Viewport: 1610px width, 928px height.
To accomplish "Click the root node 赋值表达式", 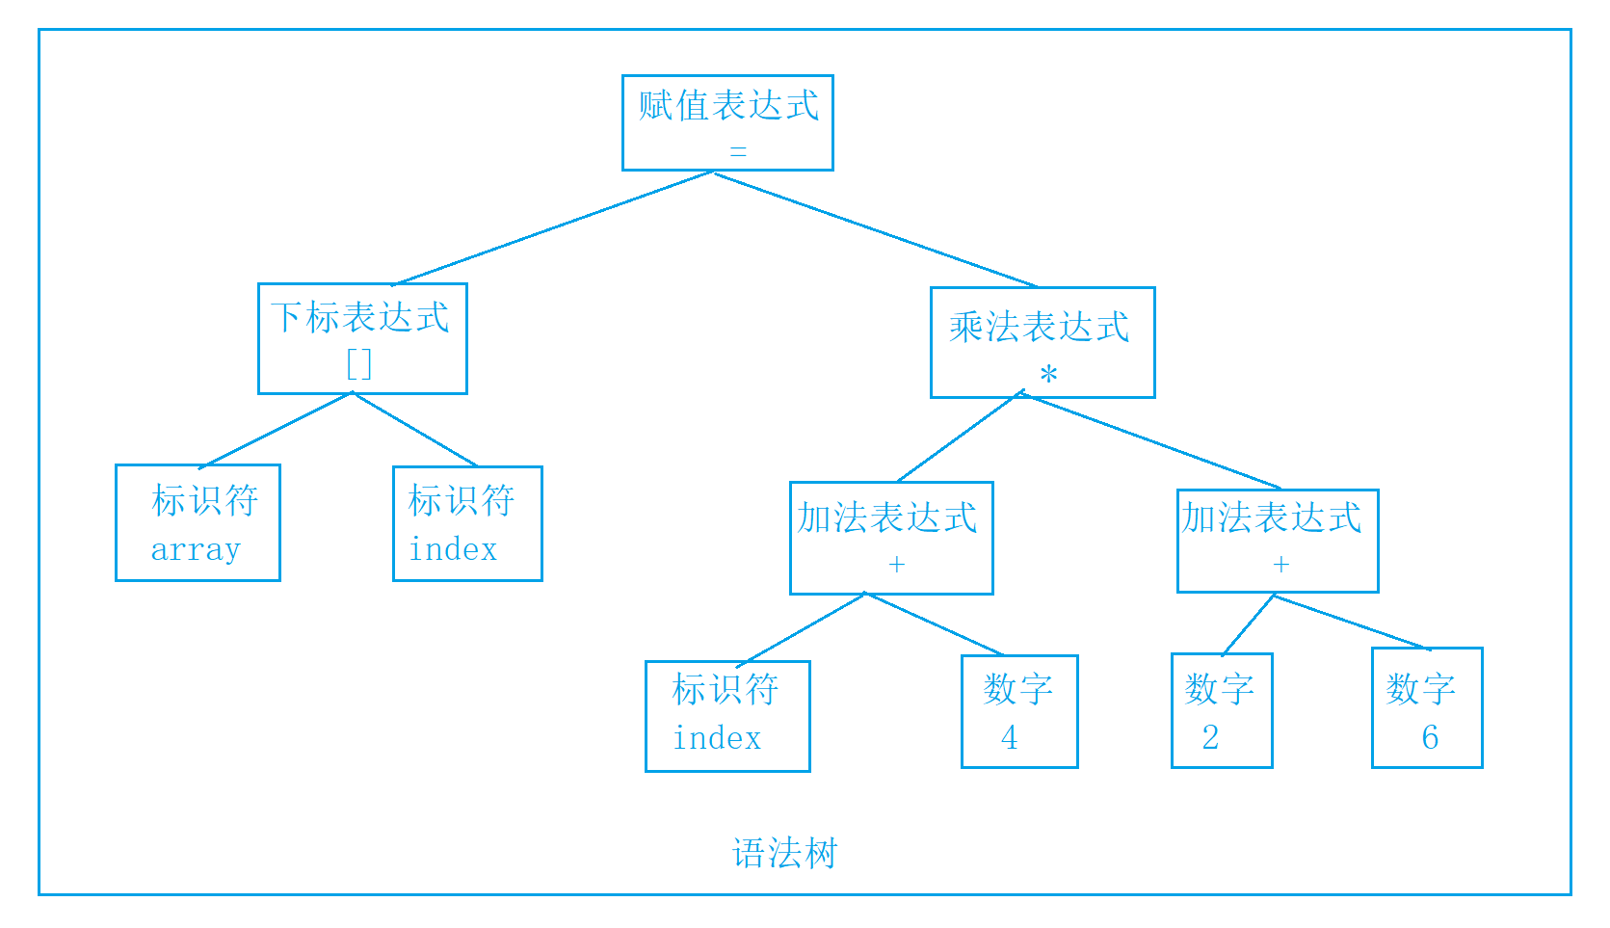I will click(x=727, y=106).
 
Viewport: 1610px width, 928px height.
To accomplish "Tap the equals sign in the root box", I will click(x=738, y=151).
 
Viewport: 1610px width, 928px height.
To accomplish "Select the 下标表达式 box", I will click(x=361, y=318).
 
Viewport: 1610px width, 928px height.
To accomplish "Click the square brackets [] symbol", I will click(x=358, y=364).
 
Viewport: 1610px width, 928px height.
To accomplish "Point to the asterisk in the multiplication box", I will click(x=1048, y=375).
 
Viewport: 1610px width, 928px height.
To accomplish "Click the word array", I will click(x=196, y=549).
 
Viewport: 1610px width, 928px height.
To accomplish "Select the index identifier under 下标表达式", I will click(x=453, y=549).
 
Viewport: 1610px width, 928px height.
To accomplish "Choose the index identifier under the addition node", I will click(x=717, y=738).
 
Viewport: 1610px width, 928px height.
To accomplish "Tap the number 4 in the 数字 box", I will click(x=1009, y=738).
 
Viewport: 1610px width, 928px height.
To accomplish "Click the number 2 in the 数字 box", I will click(x=1210, y=738).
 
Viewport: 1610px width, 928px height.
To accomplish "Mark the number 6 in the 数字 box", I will click(x=1430, y=738).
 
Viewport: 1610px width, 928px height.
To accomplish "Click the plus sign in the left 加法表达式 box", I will click(x=896, y=565).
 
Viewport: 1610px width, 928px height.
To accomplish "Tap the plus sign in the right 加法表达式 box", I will click(x=1280, y=565).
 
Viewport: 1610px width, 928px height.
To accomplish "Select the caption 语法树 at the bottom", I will click(x=785, y=854).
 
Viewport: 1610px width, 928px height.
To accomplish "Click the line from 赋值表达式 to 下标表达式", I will click(x=554, y=227).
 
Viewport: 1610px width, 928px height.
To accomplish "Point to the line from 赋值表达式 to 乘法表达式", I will click(x=875, y=229).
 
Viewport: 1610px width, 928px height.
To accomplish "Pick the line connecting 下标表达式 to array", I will click(x=277, y=430).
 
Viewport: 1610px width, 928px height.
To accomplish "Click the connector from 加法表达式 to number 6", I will click(x=1351, y=623).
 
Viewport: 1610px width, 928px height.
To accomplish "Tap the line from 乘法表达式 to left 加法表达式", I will click(x=960, y=437).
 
